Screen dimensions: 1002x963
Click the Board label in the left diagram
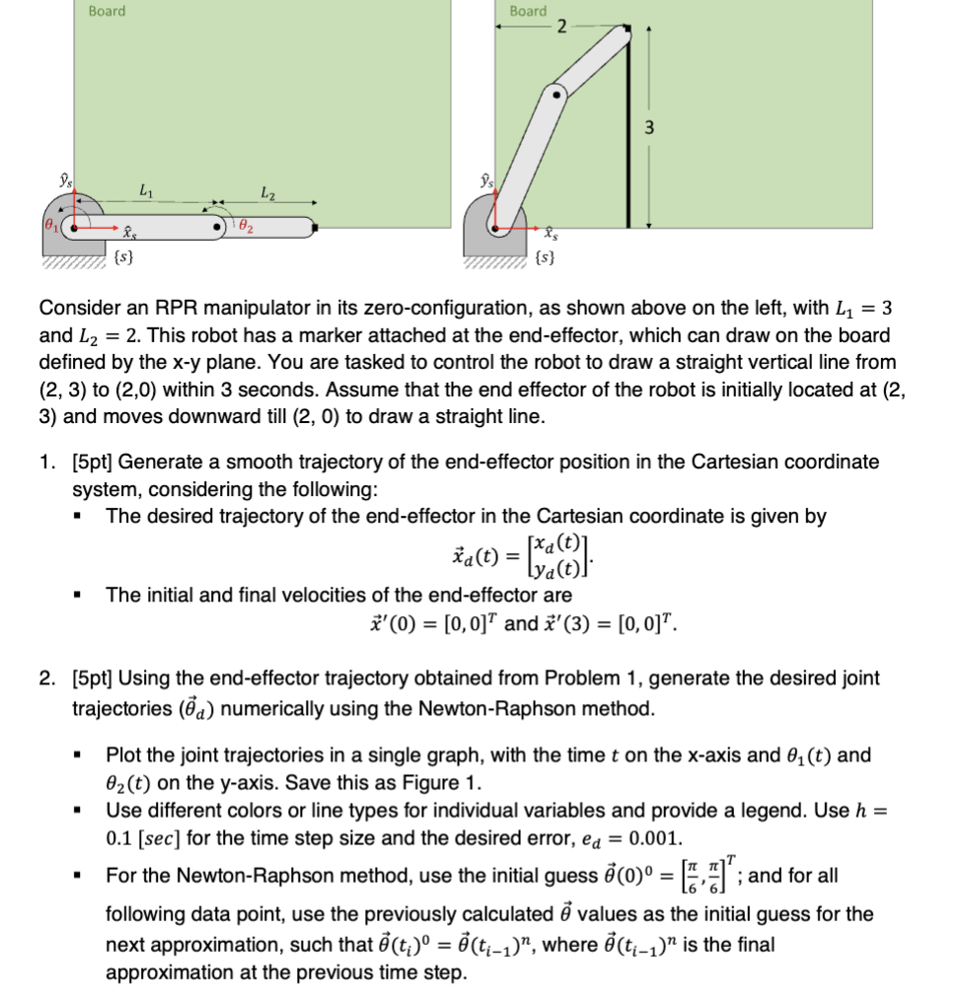(x=107, y=11)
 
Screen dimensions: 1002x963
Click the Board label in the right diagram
(x=528, y=11)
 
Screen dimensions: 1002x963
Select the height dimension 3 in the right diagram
(x=648, y=127)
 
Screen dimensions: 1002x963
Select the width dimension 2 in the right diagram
(x=560, y=27)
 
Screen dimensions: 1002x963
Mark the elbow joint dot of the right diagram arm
(x=557, y=96)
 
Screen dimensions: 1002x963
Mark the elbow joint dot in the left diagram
(x=217, y=228)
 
